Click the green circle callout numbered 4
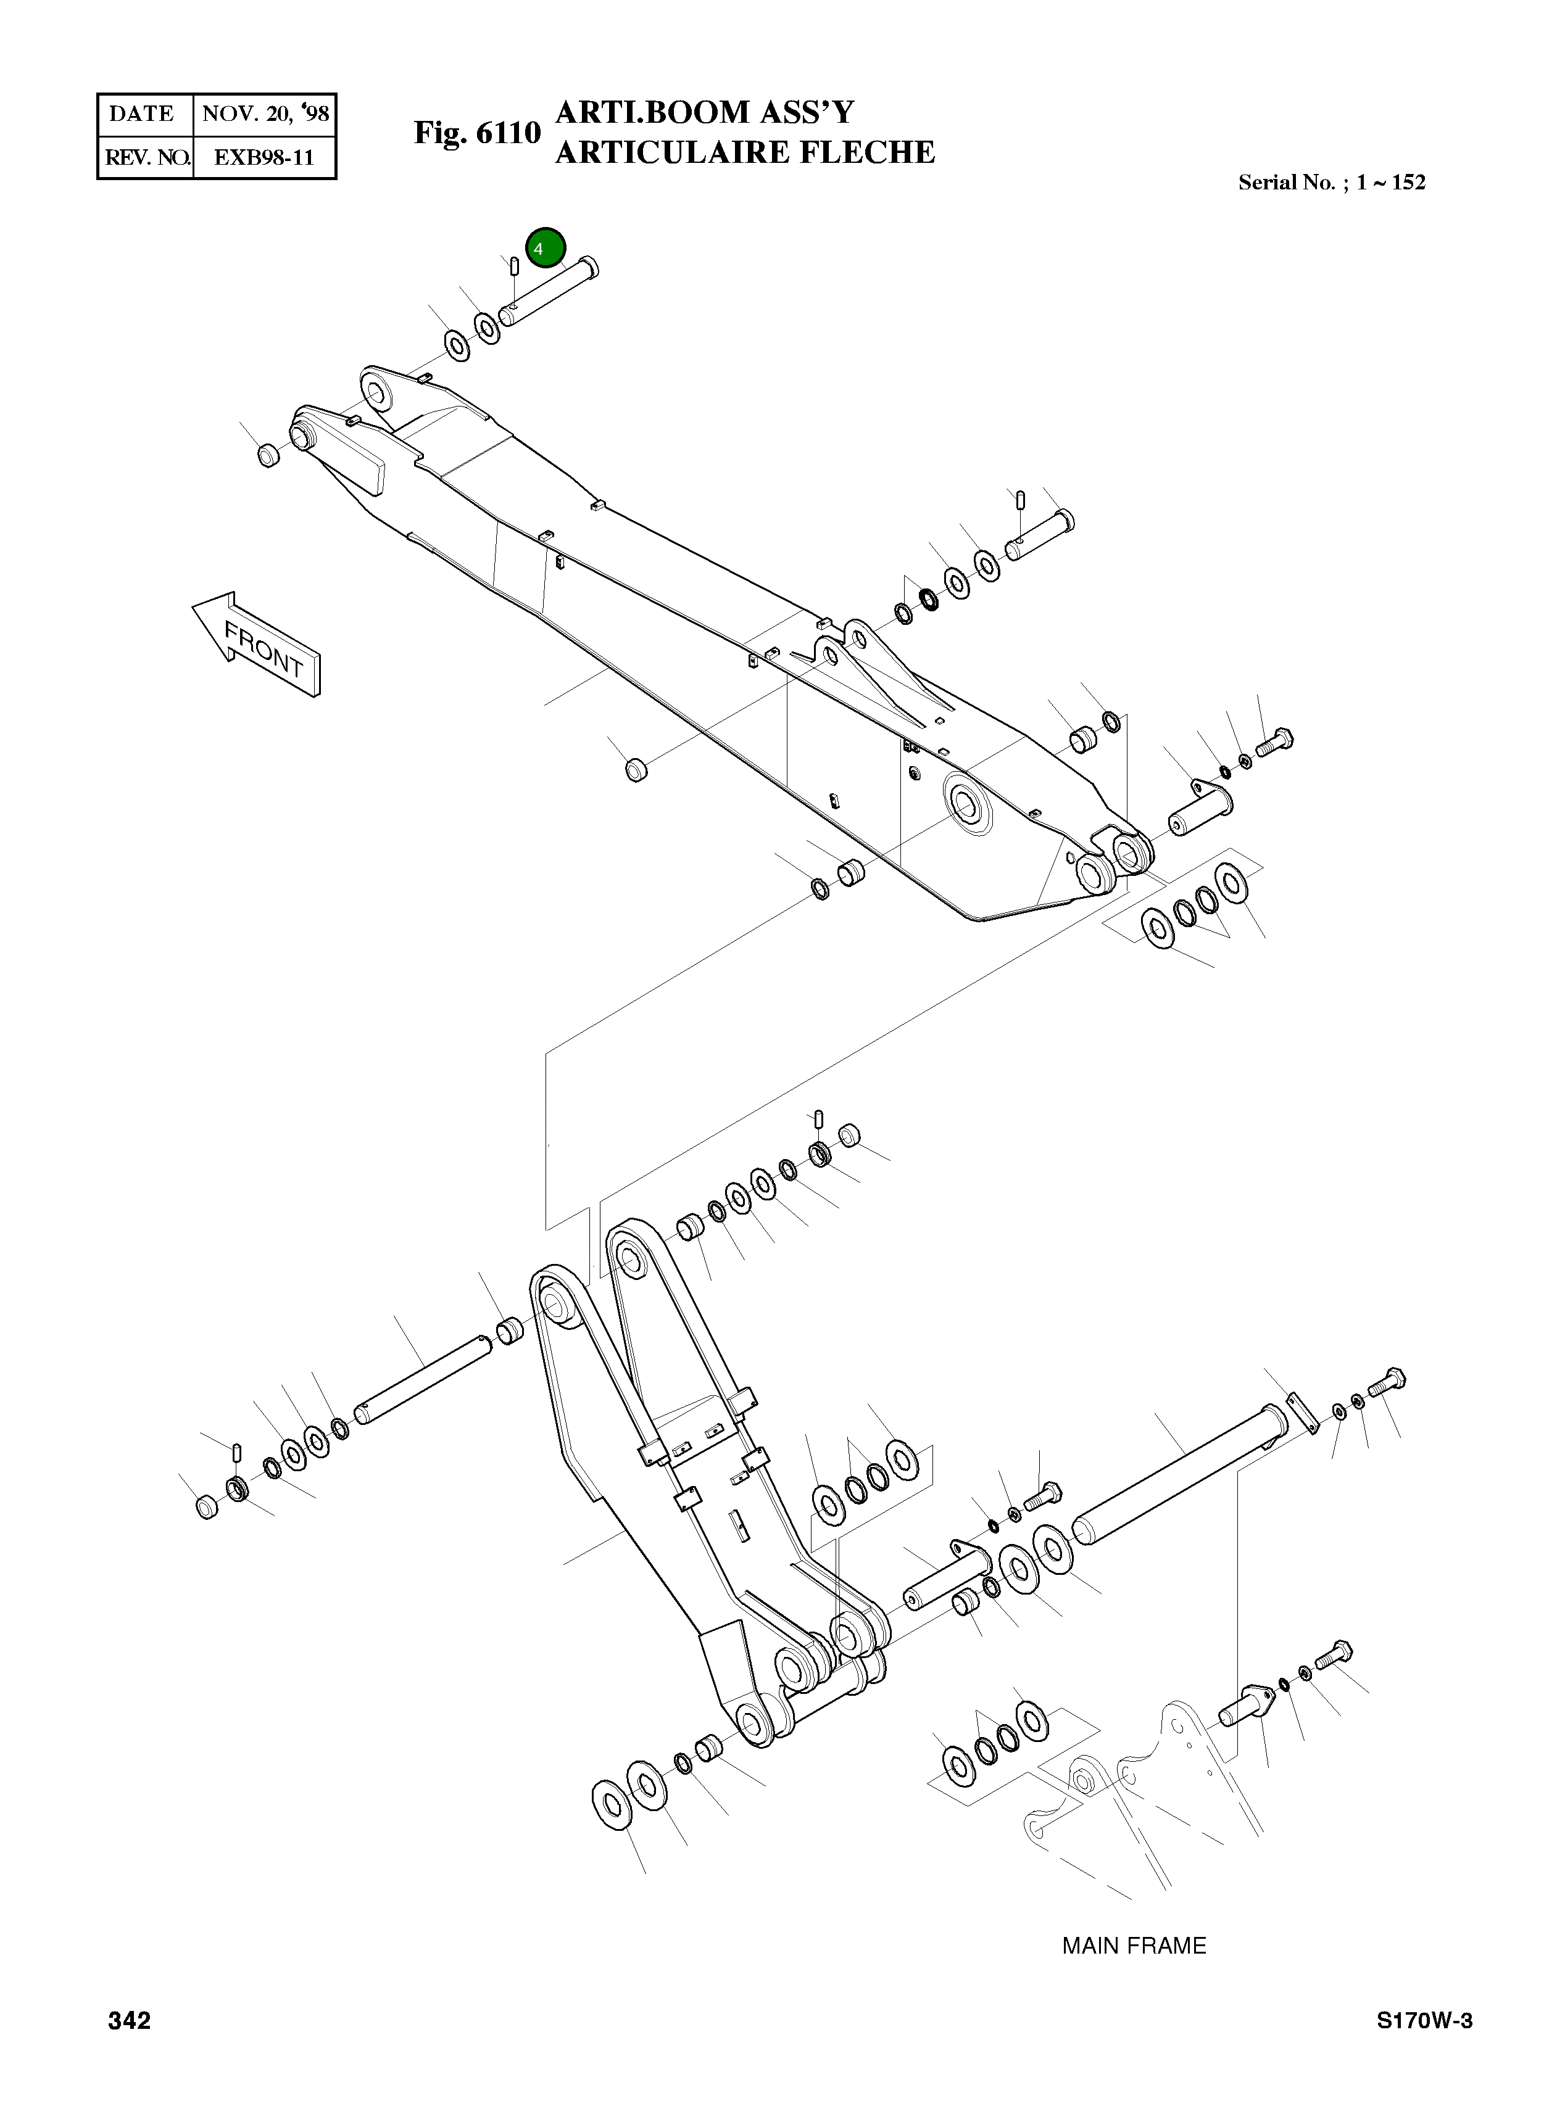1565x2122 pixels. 545,248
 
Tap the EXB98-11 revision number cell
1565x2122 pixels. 264,157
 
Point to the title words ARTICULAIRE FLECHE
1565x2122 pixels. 745,152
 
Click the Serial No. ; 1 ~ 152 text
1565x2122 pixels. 1331,183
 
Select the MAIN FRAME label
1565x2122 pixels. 1134,1946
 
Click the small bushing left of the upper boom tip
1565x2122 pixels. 268,455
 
